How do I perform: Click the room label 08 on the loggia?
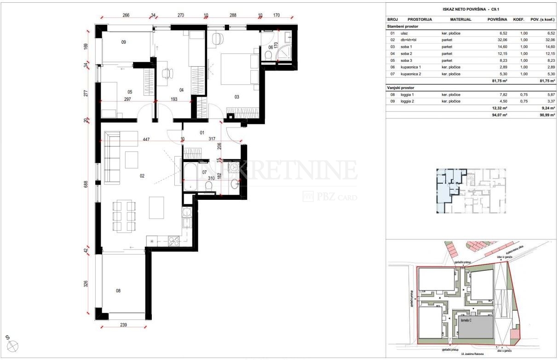click(118, 290)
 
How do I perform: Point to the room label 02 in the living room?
click(142, 175)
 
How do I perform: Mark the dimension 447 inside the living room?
click(146, 139)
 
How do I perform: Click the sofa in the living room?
click(112, 157)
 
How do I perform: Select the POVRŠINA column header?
click(497, 20)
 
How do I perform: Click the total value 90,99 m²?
click(541, 115)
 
